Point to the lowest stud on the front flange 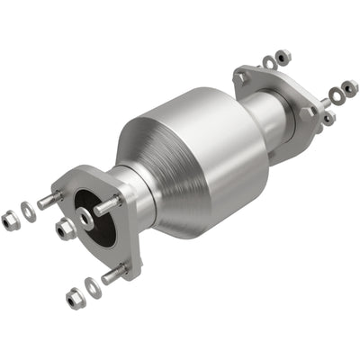(x=113, y=274)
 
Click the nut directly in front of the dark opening (x=66, y=230)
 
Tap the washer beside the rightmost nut (x=335, y=94)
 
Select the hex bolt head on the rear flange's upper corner (x=242, y=78)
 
